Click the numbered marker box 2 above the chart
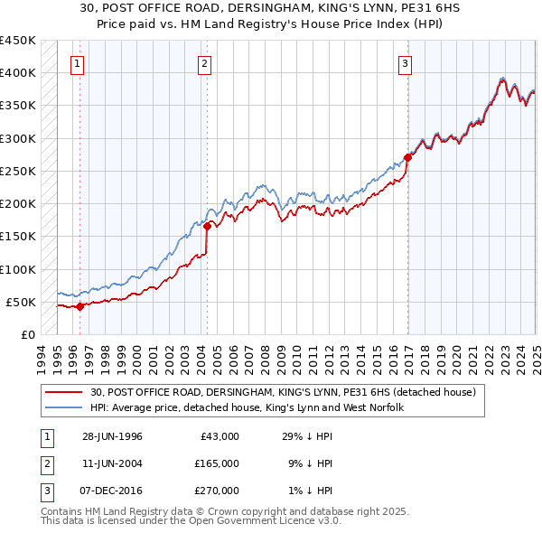click(x=205, y=63)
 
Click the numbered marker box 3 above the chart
click(x=406, y=63)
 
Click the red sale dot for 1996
click(x=79, y=306)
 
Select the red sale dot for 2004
click(x=207, y=227)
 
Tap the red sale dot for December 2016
click(x=407, y=157)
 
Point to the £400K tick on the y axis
click(x=17, y=73)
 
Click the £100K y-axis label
click(x=17, y=269)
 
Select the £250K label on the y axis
click(x=17, y=171)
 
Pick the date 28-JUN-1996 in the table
click(x=112, y=436)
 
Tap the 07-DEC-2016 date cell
click(x=112, y=491)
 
